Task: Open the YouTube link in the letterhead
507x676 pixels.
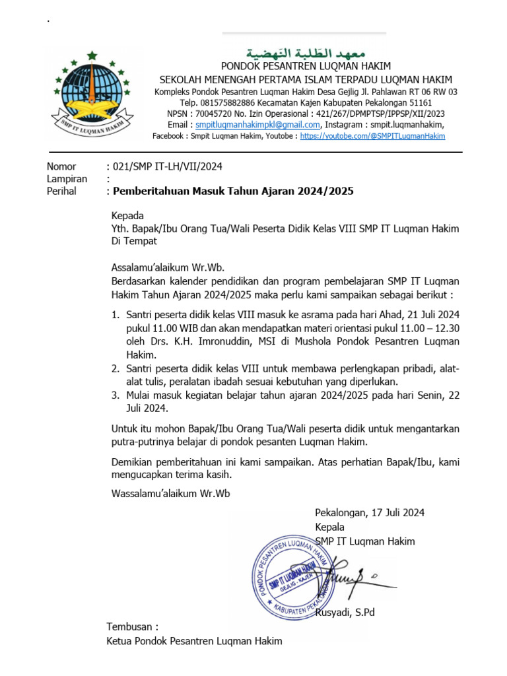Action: point(372,136)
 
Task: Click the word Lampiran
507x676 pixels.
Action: point(67,179)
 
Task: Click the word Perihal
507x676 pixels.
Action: point(61,191)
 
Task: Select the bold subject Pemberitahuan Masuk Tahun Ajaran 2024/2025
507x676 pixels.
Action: point(234,191)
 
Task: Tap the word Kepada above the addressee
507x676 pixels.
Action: point(127,216)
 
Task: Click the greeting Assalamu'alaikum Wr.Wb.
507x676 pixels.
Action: point(168,267)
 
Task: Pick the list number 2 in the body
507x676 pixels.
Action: point(115,368)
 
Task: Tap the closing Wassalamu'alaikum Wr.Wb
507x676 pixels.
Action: point(171,493)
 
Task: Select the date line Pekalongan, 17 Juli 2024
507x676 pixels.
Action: point(370,512)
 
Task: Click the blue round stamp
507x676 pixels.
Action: point(290,574)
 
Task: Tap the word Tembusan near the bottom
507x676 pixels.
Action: point(133,626)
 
